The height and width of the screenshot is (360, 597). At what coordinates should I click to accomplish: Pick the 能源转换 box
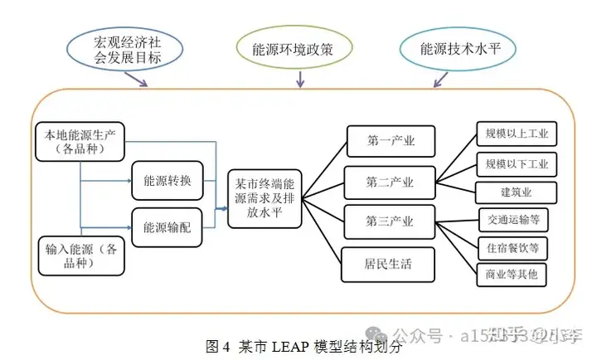pyautogui.click(x=167, y=180)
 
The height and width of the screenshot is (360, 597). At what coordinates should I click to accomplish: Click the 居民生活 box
pyautogui.click(x=388, y=265)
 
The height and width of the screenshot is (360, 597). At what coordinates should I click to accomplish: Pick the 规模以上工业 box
pyautogui.click(x=517, y=134)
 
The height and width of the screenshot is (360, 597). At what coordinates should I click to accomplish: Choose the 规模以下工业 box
pyautogui.click(x=517, y=163)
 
